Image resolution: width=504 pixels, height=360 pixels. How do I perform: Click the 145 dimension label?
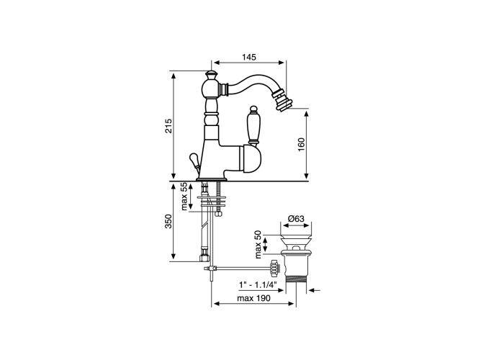click(x=249, y=57)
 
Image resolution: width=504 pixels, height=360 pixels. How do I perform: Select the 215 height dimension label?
click(x=168, y=126)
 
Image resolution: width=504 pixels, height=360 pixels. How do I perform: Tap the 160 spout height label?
click(x=301, y=145)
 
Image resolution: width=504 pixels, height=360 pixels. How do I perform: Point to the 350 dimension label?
click(x=168, y=222)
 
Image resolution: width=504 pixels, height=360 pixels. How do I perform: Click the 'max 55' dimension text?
click(x=184, y=197)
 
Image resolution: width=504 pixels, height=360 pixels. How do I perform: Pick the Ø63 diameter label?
click(x=296, y=219)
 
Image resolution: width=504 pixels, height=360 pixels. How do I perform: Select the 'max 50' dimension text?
click(x=258, y=245)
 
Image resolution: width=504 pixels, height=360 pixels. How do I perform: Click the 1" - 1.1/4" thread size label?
click(x=258, y=284)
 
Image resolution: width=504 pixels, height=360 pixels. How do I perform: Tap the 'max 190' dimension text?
click(x=253, y=298)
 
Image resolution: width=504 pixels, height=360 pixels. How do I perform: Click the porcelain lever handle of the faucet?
click(x=253, y=126)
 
